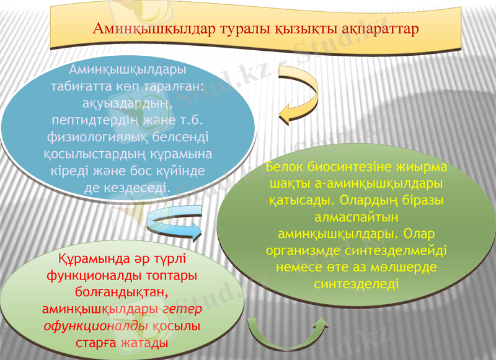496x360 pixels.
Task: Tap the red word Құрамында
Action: [x=86, y=258]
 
